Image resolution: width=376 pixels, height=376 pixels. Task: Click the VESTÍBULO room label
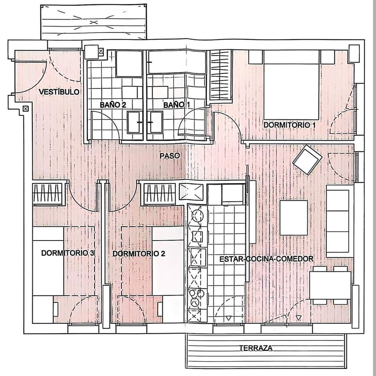(x=59, y=92)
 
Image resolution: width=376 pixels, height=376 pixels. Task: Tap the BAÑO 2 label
(x=113, y=105)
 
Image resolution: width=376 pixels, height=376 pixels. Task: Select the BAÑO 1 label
(x=176, y=105)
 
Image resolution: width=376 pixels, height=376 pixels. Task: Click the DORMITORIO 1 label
(x=290, y=125)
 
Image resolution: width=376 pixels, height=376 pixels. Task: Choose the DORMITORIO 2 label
(x=139, y=254)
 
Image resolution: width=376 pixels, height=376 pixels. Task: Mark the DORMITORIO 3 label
(x=68, y=253)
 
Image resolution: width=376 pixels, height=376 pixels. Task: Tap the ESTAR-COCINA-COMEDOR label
(x=266, y=259)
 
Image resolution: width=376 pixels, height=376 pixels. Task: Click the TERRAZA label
(x=255, y=348)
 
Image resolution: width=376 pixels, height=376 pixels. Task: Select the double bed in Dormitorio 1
(x=292, y=85)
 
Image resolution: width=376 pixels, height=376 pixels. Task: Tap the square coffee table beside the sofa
(x=294, y=218)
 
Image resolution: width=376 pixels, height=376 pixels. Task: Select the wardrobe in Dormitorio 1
(x=220, y=75)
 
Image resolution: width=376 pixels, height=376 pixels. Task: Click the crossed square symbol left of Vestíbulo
(x=26, y=108)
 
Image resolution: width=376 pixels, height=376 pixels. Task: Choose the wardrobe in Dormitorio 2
(x=160, y=194)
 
